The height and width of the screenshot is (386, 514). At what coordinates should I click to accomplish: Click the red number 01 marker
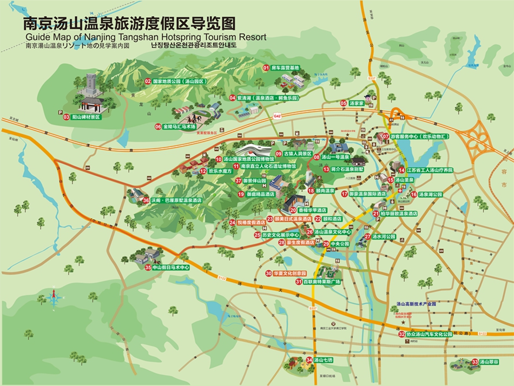tap(266, 68)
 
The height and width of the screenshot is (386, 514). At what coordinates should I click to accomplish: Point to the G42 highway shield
tap(277, 116)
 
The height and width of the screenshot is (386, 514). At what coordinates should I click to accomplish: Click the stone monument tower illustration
tap(90, 89)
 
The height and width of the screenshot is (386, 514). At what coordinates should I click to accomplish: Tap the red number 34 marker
tap(309, 360)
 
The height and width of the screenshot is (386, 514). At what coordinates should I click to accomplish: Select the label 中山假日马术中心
tap(170, 267)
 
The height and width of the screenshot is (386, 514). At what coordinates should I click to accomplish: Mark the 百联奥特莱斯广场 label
tap(321, 282)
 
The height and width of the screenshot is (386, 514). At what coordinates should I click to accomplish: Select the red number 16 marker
tap(414, 194)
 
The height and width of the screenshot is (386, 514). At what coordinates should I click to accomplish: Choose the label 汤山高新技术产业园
tap(412, 305)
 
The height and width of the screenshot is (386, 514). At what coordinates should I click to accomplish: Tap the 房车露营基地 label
tap(285, 68)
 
